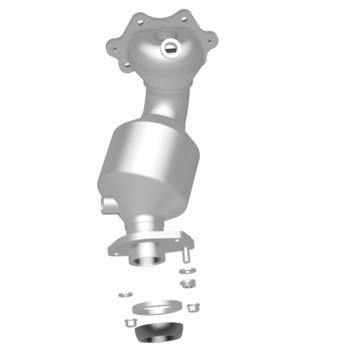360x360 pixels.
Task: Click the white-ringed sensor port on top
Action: point(170,46)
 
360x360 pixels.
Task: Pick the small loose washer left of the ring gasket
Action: point(125,294)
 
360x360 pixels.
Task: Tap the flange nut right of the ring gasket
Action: point(193,308)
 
